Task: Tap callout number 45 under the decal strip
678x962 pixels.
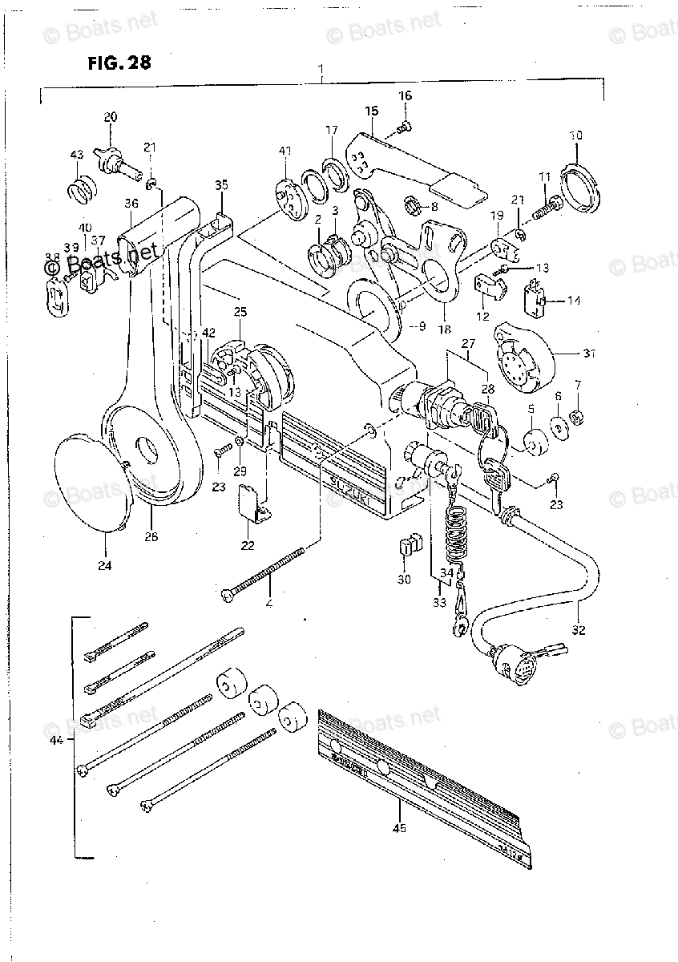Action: click(x=399, y=828)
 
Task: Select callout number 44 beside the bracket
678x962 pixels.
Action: click(x=56, y=742)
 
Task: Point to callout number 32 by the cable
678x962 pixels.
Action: click(x=579, y=630)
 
